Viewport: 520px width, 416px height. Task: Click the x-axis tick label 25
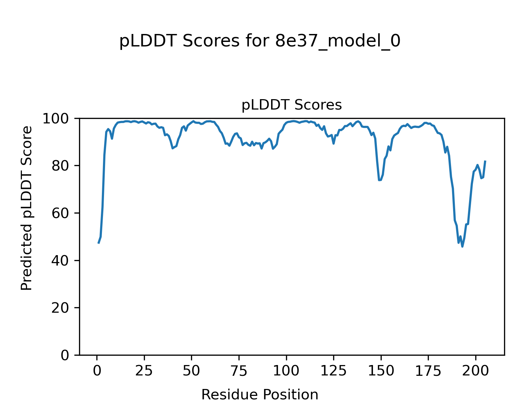[144, 371]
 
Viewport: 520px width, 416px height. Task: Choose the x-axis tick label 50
[191, 371]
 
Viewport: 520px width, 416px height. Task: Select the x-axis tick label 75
[239, 371]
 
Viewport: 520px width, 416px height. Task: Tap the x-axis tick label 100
[286, 371]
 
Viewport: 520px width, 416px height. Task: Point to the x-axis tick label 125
[333, 371]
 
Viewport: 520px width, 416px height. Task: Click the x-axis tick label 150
[381, 371]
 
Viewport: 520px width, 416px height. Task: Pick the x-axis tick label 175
[428, 371]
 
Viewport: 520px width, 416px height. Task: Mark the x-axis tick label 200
[476, 371]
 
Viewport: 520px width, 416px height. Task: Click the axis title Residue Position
[260, 395]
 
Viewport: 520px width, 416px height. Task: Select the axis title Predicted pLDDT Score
[27, 208]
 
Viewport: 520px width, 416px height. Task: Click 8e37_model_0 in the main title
[338, 42]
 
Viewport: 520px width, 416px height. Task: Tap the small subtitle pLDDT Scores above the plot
[292, 105]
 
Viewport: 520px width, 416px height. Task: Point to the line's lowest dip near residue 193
[462, 246]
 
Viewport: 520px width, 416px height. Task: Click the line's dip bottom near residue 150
[380, 180]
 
